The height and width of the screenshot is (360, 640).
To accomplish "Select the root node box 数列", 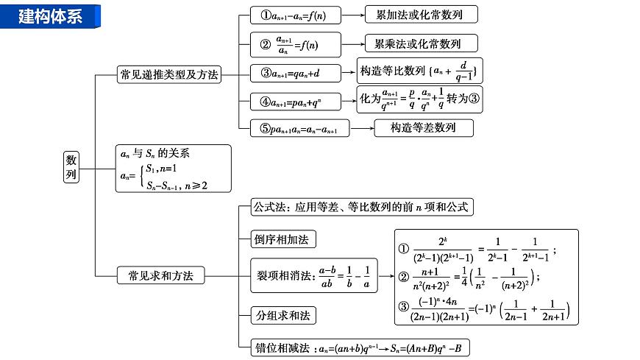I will pyautogui.click(x=71, y=168).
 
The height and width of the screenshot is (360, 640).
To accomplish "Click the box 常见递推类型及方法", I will pyautogui.click(x=168, y=74).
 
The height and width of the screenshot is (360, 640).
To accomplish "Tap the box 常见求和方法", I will pyautogui.click(x=160, y=275).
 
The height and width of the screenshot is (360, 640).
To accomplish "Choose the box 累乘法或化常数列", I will pyautogui.click(x=421, y=43).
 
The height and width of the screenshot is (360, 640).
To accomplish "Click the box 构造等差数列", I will pyautogui.click(x=422, y=127).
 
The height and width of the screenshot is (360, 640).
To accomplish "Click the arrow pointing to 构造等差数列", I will pyautogui.click(x=360, y=127).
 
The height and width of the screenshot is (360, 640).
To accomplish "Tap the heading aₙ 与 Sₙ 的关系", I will pyautogui.click(x=157, y=154).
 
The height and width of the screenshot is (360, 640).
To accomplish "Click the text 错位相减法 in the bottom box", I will pyautogui.click(x=282, y=347).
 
